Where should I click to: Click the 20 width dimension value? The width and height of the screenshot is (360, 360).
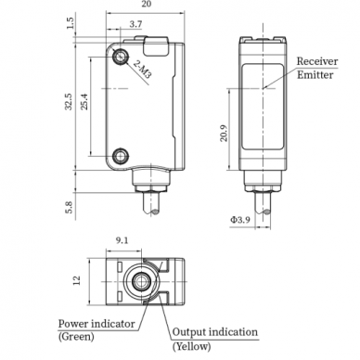point(147,4)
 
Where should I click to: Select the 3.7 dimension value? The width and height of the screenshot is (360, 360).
point(135,24)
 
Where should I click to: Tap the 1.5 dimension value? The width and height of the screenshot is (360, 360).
point(71,23)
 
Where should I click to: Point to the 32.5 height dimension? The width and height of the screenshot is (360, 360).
point(69,102)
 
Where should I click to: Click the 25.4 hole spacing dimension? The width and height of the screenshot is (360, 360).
point(84,102)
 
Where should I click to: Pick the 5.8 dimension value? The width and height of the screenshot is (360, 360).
point(69,207)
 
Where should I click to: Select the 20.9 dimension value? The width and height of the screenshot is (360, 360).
point(224,134)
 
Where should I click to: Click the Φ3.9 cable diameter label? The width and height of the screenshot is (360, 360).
point(240,220)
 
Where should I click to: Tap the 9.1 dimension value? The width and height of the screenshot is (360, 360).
point(122,240)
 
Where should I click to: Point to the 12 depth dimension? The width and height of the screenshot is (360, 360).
point(76,280)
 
